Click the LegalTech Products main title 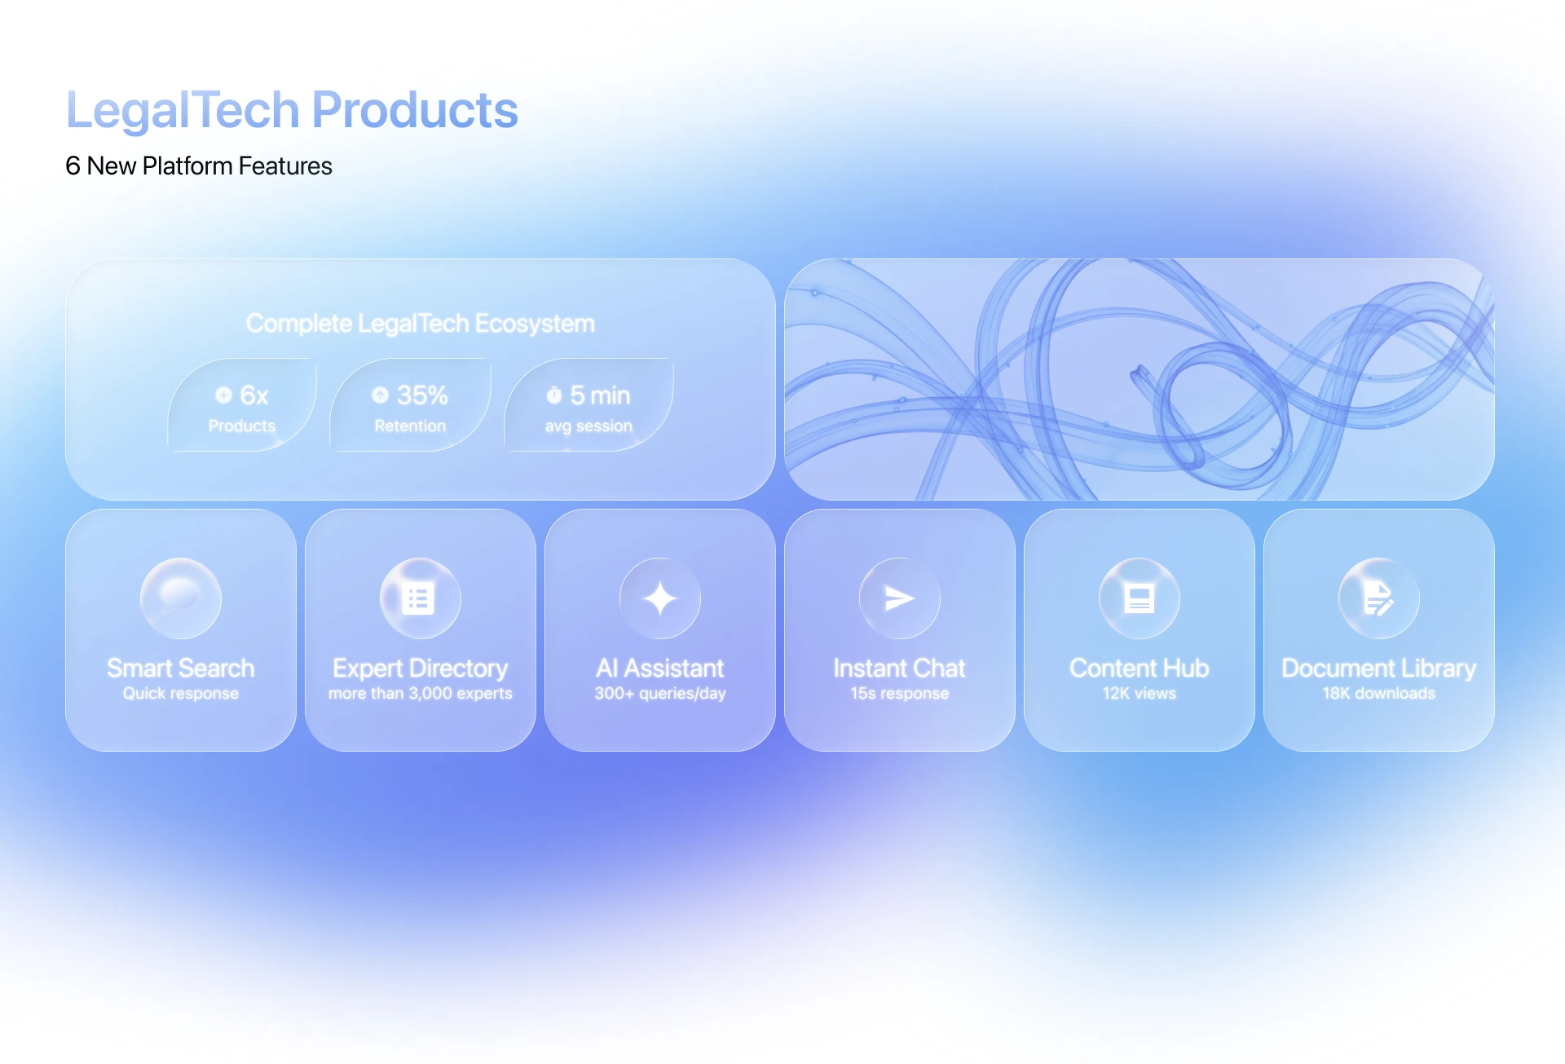(x=291, y=110)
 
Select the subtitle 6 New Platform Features (x=198, y=166)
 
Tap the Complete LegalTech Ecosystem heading (x=420, y=324)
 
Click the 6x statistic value (x=253, y=395)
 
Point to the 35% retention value (x=421, y=395)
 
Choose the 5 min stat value (x=599, y=395)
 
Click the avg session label (x=588, y=426)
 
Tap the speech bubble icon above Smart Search (x=180, y=598)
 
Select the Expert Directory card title (x=420, y=669)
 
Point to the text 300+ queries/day (x=659, y=694)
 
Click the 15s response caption (x=899, y=694)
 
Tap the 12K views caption (x=1139, y=694)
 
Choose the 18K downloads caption (x=1378, y=694)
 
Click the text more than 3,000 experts (x=420, y=694)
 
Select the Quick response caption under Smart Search (x=180, y=694)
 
